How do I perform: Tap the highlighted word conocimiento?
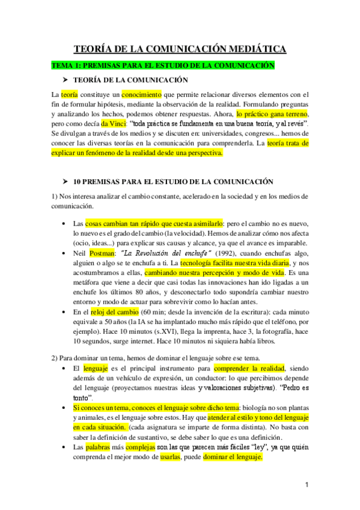(x=142, y=94)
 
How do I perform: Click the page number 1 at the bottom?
(x=307, y=484)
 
